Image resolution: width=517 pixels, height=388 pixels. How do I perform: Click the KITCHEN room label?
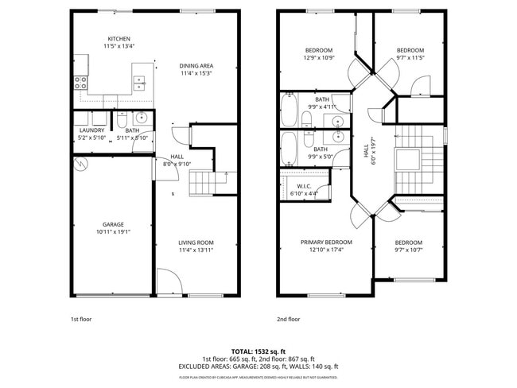pos(119,39)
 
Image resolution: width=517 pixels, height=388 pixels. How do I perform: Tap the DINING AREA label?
pos(196,66)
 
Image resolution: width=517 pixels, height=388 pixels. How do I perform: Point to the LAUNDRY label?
pos(91,130)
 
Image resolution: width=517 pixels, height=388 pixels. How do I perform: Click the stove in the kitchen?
pos(81,81)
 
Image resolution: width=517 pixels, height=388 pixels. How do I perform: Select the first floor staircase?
pos(202,184)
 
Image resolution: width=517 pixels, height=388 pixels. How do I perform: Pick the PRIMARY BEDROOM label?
pos(326,242)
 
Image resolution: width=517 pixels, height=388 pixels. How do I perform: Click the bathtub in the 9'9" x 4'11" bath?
pos(288,110)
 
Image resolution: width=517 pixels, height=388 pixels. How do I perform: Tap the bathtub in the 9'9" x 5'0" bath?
pos(288,148)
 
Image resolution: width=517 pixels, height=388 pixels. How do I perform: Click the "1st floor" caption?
pos(81,319)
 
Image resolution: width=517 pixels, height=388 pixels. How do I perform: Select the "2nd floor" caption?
pos(289,319)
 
